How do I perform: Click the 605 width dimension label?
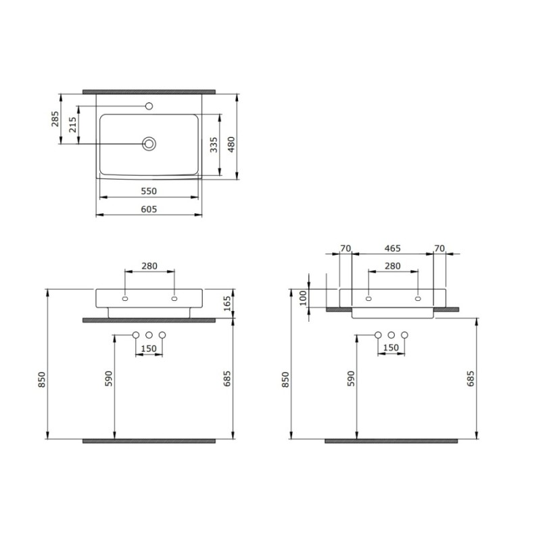tap(149, 210)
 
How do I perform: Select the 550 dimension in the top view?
tap(149, 191)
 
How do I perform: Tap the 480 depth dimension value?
tap(231, 144)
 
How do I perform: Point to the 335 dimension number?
tap(214, 145)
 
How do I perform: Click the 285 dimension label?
tap(55, 119)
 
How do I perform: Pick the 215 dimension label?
tap(73, 124)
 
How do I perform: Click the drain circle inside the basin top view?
tap(149, 143)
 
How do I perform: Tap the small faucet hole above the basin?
tap(149, 106)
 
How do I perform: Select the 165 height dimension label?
tap(227, 304)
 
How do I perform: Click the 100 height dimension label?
tap(303, 298)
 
